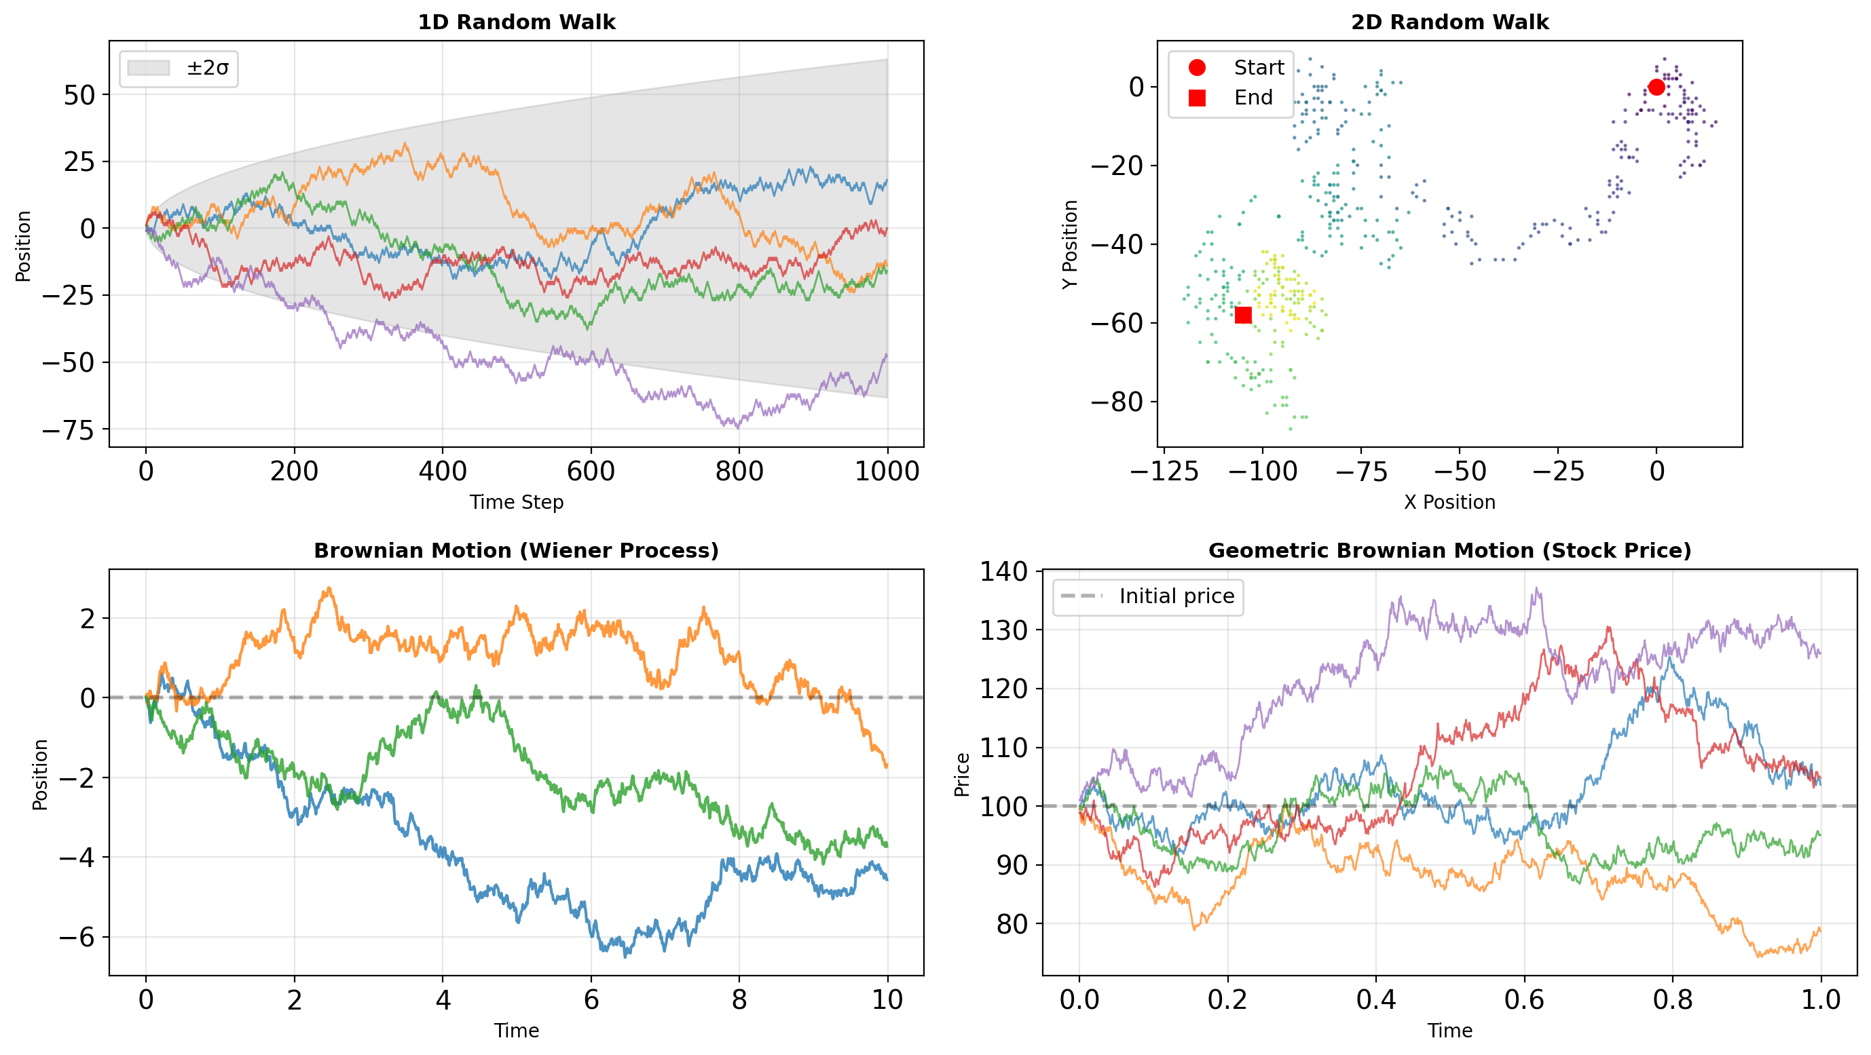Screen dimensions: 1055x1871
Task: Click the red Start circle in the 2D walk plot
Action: pos(1656,87)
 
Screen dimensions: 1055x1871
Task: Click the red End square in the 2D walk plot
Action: pos(1244,314)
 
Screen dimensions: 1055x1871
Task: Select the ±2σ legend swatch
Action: pos(148,69)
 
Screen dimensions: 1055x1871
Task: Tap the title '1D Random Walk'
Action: pos(517,22)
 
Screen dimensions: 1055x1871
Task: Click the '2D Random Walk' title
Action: pos(1449,22)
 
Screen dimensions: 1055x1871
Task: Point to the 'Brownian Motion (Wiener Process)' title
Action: pos(517,550)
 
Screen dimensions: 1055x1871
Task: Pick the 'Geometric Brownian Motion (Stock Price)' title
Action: pos(1449,550)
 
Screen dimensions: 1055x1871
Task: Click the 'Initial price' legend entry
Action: pos(1176,596)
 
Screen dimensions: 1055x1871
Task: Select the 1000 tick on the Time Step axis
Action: pos(887,472)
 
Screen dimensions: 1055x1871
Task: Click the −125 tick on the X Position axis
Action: pos(1164,472)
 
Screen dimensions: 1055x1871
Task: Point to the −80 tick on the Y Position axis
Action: pos(1117,402)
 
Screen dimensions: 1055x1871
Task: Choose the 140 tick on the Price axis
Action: pos(1004,571)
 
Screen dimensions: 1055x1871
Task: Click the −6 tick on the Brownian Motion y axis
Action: pos(77,937)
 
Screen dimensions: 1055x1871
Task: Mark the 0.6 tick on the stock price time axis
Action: pos(1524,1000)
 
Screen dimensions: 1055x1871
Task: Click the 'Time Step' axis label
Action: pos(517,502)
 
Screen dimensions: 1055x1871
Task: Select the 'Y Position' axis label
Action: pos(1070,244)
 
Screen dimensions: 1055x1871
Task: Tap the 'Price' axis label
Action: pos(963,774)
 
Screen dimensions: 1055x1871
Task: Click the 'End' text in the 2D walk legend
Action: pos(1253,97)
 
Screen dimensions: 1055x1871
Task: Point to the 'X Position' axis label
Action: pos(1449,502)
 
